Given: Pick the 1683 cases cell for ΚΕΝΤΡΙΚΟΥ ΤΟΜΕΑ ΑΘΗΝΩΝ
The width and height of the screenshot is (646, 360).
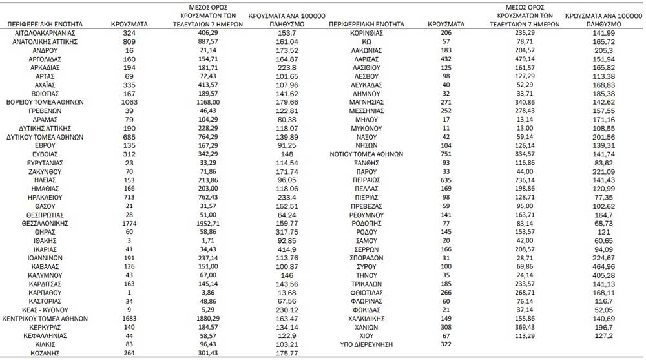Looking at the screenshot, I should coord(129,319).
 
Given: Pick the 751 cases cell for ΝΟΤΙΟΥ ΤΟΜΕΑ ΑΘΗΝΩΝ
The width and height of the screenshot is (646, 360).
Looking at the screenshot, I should coord(446,154).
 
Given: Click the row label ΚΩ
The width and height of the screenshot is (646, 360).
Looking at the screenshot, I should coord(367,41).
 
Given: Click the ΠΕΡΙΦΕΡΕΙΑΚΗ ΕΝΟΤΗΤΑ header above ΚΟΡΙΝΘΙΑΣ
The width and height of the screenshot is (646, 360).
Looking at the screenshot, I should coord(367,24).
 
